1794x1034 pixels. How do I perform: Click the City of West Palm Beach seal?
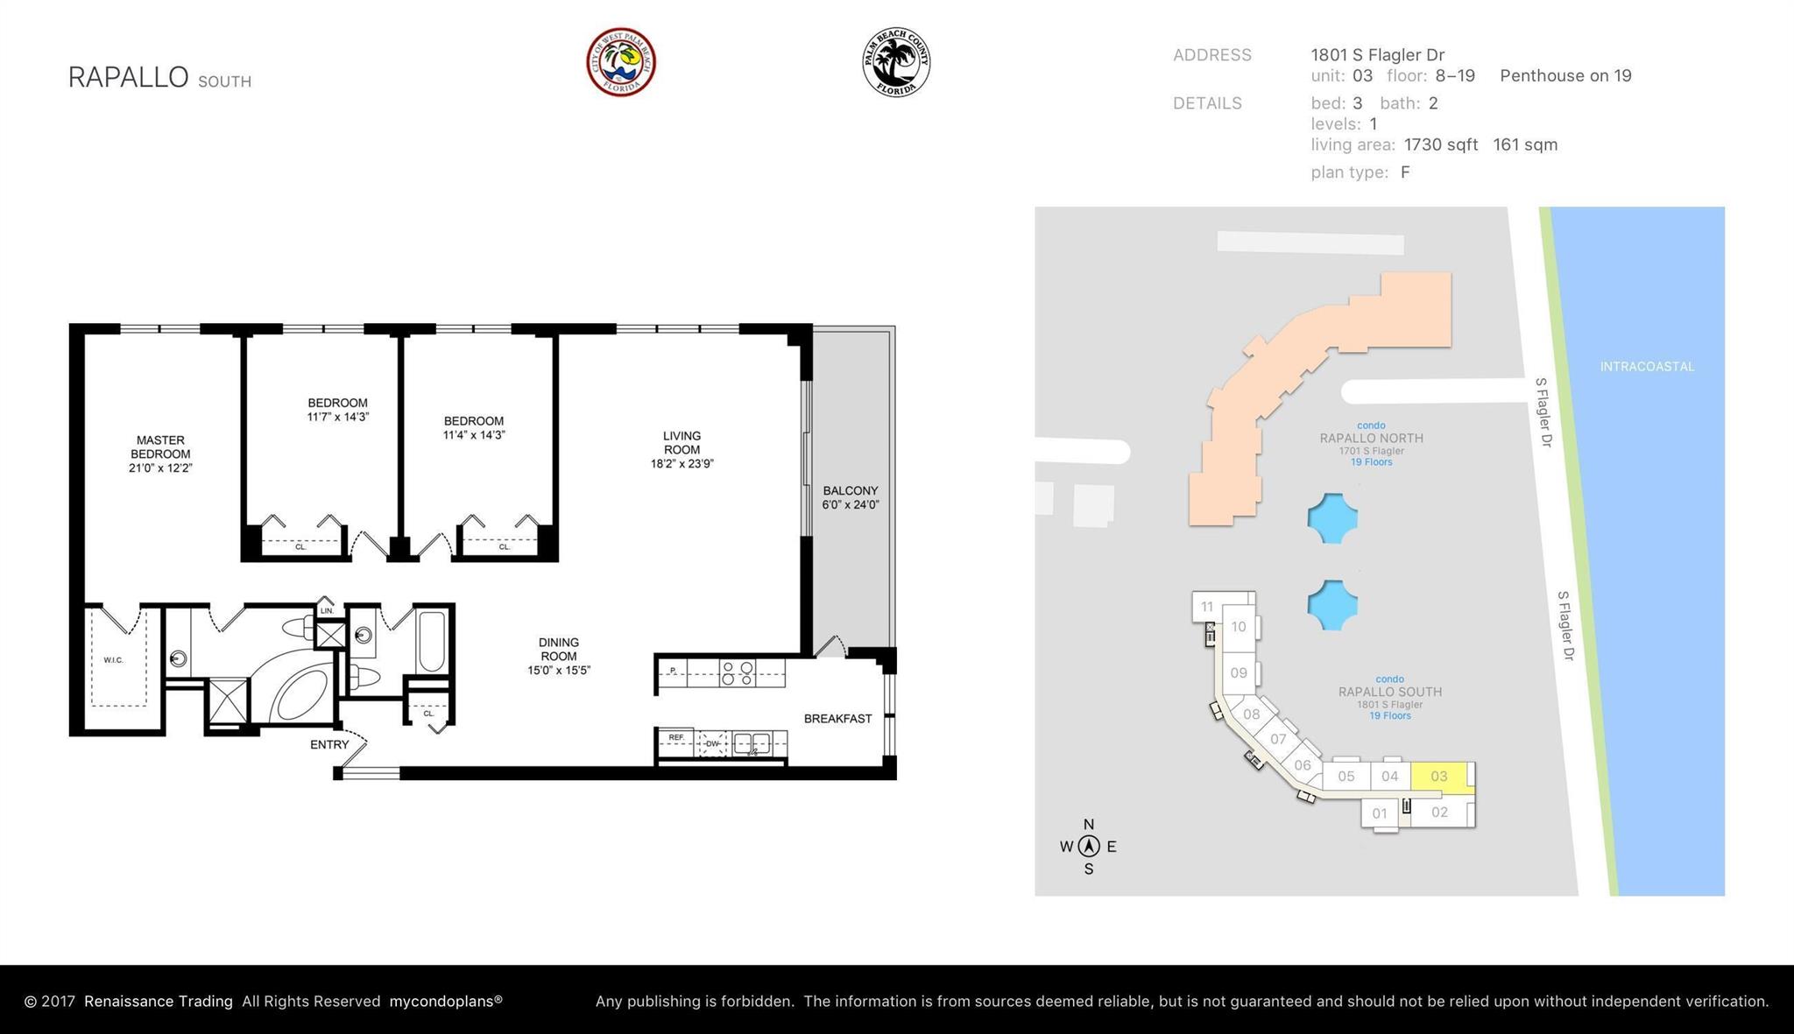coord(621,62)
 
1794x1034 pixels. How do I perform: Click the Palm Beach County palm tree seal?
coord(895,62)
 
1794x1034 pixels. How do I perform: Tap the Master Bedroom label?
coord(160,454)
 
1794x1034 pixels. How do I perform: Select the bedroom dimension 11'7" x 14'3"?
coord(337,417)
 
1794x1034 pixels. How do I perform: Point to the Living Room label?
coord(682,442)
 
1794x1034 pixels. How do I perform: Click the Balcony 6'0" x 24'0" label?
coord(850,497)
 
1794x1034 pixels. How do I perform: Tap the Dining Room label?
coord(559,649)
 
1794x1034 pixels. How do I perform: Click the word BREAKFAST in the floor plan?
coord(837,719)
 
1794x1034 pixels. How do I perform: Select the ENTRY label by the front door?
coord(329,745)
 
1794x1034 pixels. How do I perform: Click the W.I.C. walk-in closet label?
coord(114,660)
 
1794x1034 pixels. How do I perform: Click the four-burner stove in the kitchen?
coord(737,672)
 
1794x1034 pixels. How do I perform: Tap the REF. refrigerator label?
coord(676,738)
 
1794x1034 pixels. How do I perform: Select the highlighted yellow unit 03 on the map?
coord(1439,776)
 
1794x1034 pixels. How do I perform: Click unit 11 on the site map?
coord(1207,606)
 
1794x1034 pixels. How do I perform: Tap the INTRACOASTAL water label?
coord(1647,367)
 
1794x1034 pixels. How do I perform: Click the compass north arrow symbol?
coord(1089,846)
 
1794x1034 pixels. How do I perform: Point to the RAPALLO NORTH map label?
coord(1371,438)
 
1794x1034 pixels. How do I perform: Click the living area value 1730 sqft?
coord(1440,144)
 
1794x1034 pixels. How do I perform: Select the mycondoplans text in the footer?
coord(446,1001)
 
